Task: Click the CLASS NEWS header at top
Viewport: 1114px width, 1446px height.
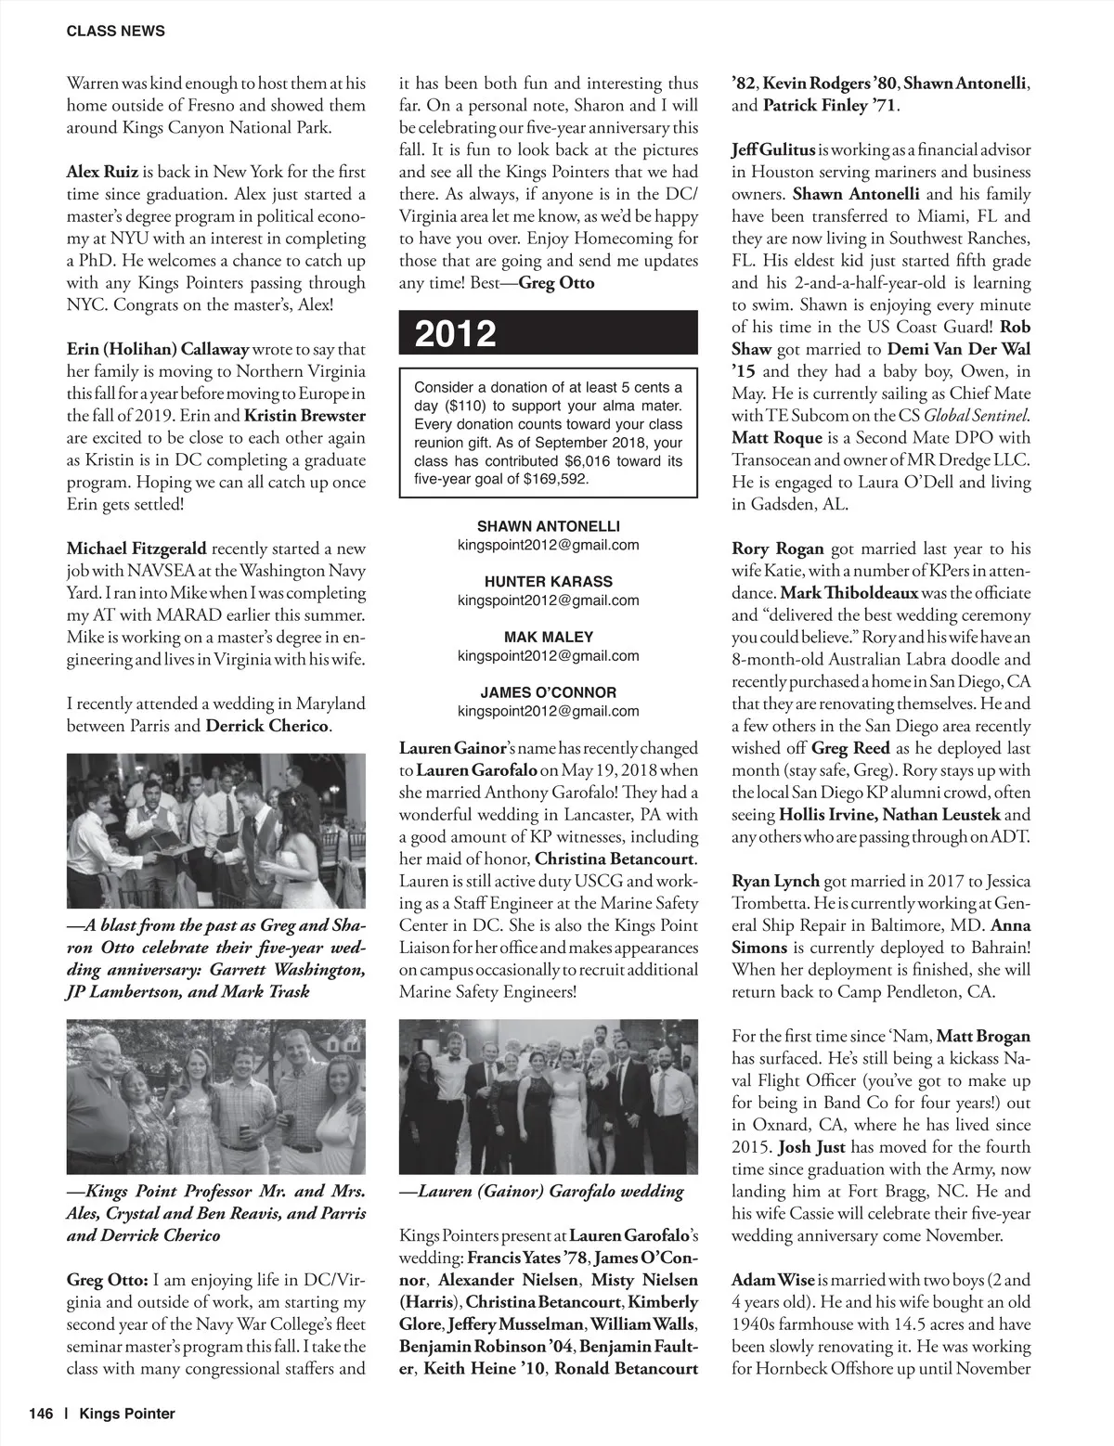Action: pyautogui.click(x=115, y=31)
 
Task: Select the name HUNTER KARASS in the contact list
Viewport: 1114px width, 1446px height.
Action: pyautogui.click(x=548, y=582)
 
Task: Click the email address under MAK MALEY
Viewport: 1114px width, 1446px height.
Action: pyautogui.click(x=548, y=655)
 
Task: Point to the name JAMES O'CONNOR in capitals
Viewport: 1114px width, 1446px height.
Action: pyautogui.click(x=548, y=692)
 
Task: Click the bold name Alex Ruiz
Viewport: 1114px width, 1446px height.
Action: pyautogui.click(x=102, y=172)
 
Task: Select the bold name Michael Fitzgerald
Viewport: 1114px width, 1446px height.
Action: pyautogui.click(x=136, y=549)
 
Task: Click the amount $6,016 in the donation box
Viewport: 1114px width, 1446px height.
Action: pyautogui.click(x=590, y=460)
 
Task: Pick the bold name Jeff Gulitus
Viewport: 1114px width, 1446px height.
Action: pyautogui.click(x=773, y=149)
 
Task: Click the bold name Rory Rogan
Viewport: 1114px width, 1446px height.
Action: pyautogui.click(x=777, y=549)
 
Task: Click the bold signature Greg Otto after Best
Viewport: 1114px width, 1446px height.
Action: pyautogui.click(x=556, y=283)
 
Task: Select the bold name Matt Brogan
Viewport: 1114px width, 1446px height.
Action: pyautogui.click(x=983, y=1036)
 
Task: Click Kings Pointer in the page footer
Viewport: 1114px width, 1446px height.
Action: pyautogui.click(x=126, y=1414)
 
